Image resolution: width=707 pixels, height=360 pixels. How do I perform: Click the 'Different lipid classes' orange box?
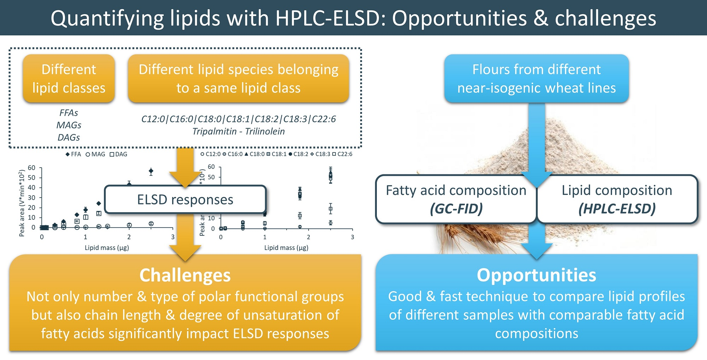69,79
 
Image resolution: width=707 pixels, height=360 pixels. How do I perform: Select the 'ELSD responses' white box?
185,200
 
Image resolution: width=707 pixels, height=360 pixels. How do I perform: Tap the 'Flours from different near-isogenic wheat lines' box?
537,79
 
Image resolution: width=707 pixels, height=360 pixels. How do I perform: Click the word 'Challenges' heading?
185,275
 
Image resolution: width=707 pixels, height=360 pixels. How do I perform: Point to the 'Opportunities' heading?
536,275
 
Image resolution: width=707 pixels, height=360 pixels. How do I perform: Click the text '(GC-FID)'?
456,209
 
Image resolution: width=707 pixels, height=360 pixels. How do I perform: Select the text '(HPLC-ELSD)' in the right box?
617,209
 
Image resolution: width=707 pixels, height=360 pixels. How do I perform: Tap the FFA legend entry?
73,154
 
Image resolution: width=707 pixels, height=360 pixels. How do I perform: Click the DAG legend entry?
118,154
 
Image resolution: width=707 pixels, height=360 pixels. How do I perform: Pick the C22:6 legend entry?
342,154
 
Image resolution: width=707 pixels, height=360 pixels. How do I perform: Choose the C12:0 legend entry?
210,154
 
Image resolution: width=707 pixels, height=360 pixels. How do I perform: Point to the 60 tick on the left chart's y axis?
31,168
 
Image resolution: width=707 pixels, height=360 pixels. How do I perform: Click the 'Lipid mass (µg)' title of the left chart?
107,248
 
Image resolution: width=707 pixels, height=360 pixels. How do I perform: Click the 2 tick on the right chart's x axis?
308,237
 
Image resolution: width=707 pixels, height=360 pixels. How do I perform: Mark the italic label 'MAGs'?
69,125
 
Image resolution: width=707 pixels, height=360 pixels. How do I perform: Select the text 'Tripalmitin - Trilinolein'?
239,132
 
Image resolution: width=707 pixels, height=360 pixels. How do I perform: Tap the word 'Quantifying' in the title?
107,18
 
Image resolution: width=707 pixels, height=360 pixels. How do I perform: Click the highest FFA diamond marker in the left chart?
151,171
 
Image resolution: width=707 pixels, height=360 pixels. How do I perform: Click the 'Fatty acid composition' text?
456,190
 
